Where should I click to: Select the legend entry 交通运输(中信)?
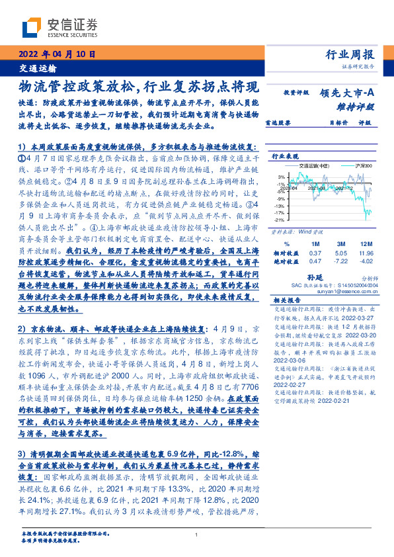[305, 165]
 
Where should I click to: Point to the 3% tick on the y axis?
[281, 177]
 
